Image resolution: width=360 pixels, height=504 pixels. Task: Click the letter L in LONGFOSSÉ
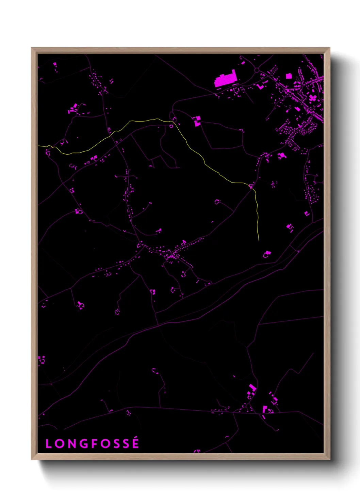(x=48, y=443)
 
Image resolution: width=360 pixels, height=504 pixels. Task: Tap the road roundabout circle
(x=257, y=70)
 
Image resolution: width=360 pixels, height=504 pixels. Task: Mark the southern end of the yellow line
(x=259, y=241)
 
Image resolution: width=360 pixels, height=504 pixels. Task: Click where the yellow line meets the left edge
(x=38, y=146)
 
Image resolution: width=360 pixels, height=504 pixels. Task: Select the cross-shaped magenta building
(x=312, y=98)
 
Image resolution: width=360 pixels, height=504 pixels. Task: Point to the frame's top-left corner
(x=32, y=48)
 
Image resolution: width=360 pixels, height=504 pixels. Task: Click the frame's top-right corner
(x=329, y=48)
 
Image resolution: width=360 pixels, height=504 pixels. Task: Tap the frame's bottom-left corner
(x=32, y=459)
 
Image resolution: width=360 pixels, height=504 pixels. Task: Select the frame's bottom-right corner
(x=329, y=459)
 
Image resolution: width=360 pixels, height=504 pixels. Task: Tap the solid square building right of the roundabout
(x=289, y=76)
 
